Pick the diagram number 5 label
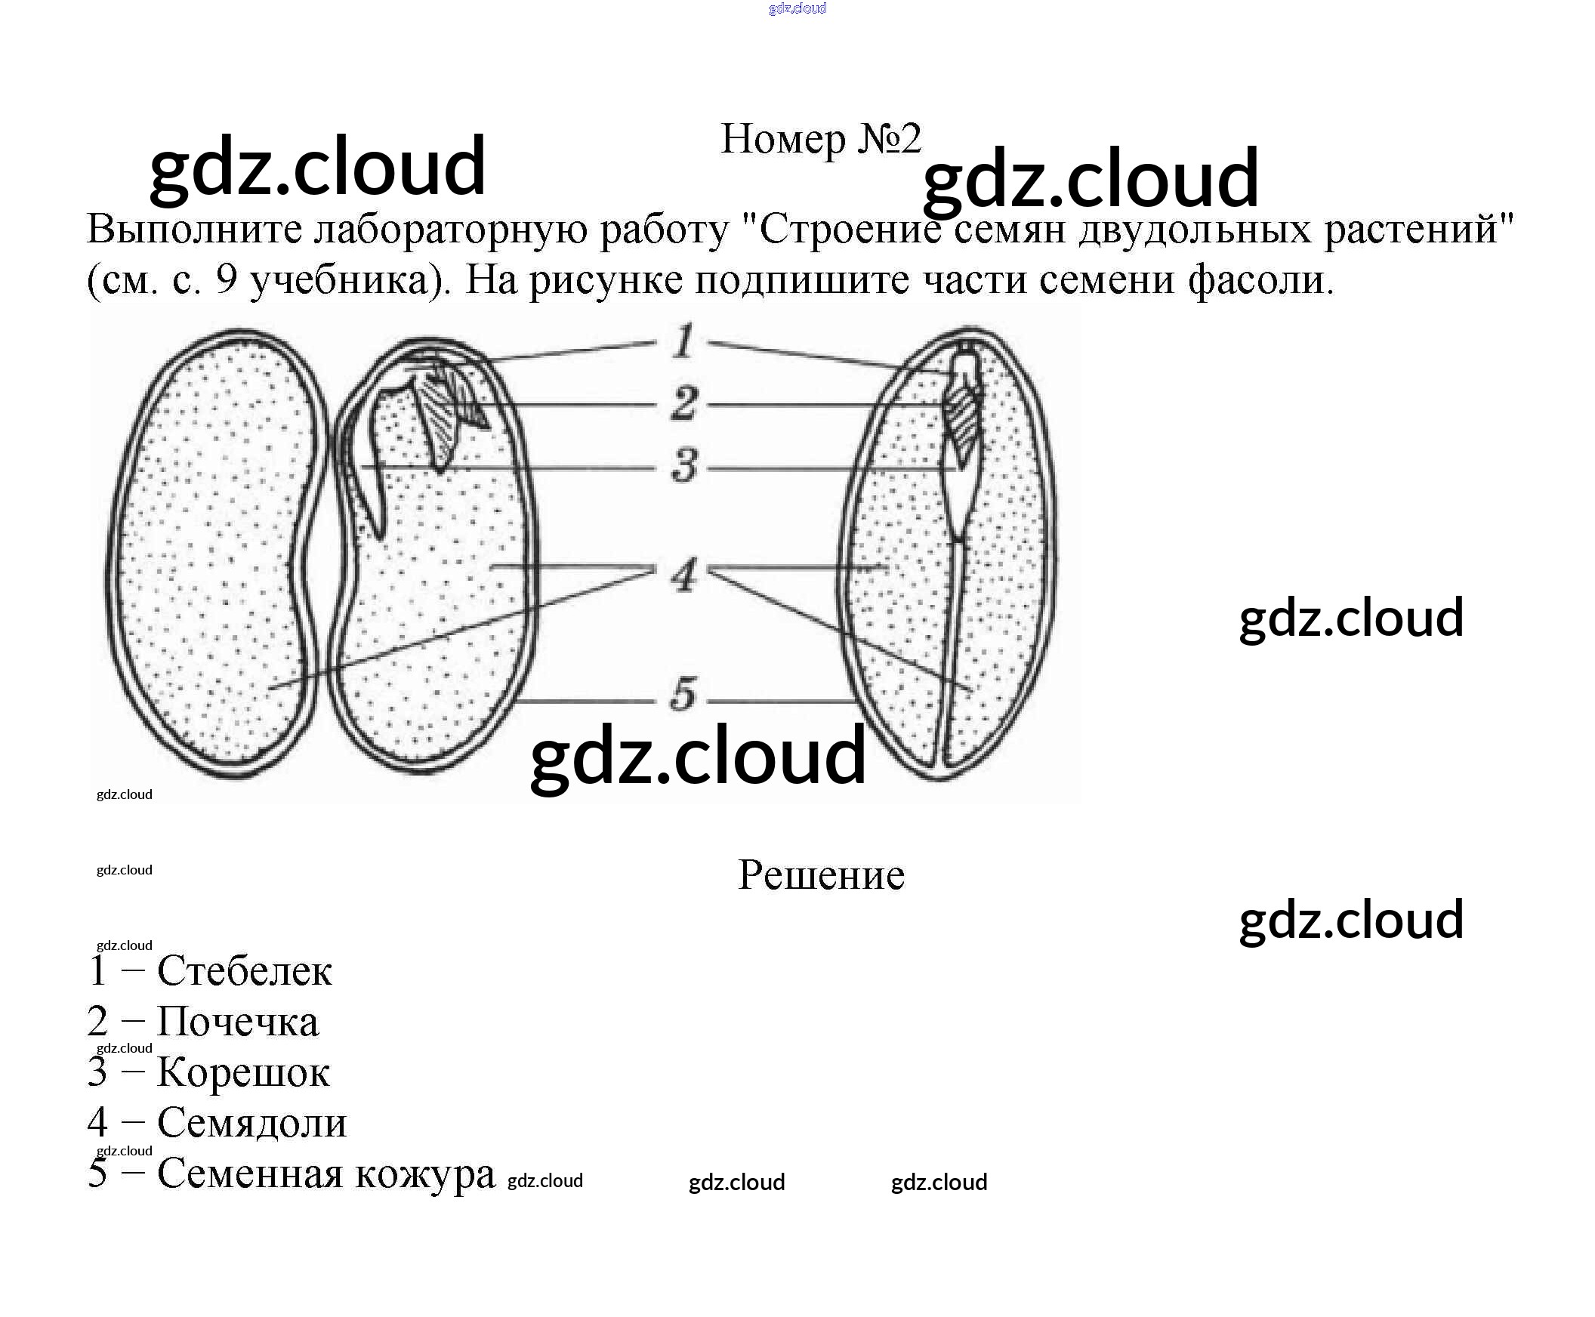683,694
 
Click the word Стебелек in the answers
245,971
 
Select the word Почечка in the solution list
237,1022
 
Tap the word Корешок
243,1073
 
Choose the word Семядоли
252,1124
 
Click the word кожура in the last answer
425,1174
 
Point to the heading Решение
821,875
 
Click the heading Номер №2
820,140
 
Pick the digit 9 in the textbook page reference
227,280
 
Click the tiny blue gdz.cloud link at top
797,8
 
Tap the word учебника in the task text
350,280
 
